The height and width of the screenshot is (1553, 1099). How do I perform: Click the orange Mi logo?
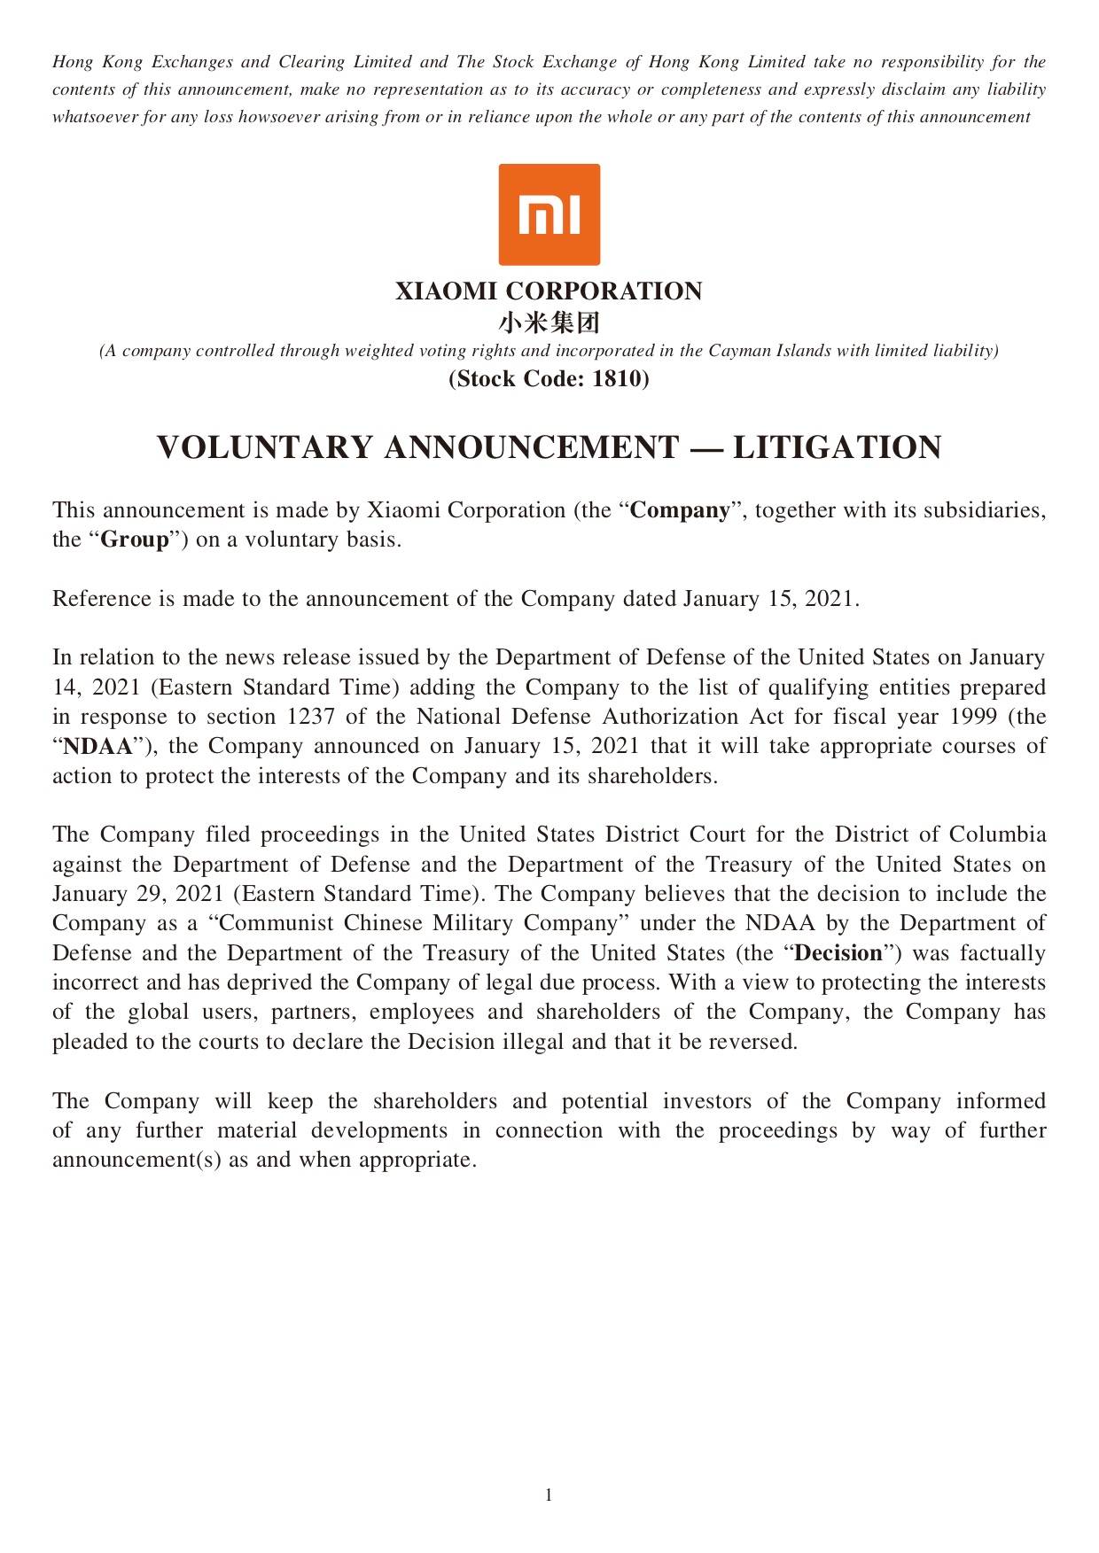[549, 214]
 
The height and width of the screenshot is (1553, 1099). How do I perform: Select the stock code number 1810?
[617, 379]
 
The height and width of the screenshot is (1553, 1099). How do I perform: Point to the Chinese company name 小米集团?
[549, 322]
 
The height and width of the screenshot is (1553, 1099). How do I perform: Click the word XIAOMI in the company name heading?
[446, 291]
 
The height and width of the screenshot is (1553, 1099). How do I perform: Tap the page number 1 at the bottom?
[549, 1495]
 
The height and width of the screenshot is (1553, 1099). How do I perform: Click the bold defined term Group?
[135, 540]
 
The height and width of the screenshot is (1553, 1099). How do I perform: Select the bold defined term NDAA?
[97, 747]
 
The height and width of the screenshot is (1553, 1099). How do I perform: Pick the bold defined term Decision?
[838, 953]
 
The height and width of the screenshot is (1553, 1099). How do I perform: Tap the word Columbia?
[997, 835]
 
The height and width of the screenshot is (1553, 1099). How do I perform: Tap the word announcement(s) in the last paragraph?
[136, 1160]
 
